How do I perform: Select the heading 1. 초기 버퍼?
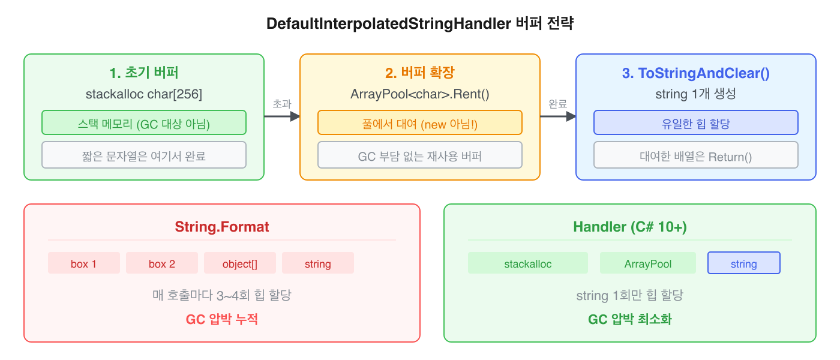(x=144, y=73)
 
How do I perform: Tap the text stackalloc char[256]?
(x=144, y=94)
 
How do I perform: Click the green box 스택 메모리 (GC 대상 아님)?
(x=144, y=122)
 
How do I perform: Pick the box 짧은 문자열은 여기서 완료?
(x=144, y=155)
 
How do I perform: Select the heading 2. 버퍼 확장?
(x=420, y=73)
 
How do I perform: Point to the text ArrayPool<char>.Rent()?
(x=420, y=94)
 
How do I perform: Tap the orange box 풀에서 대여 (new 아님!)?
(x=420, y=122)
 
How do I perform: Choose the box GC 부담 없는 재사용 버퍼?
(x=420, y=155)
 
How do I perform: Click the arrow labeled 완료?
(x=558, y=116)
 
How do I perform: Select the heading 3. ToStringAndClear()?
(x=696, y=73)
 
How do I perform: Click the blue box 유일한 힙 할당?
(x=696, y=122)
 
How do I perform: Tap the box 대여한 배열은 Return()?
(x=696, y=155)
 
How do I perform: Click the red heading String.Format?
(x=222, y=227)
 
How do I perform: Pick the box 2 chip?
(x=162, y=263)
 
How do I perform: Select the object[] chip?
(x=240, y=263)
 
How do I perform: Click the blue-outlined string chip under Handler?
(x=744, y=263)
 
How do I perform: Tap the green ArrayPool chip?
(x=648, y=263)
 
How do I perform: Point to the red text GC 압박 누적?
(x=222, y=319)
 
